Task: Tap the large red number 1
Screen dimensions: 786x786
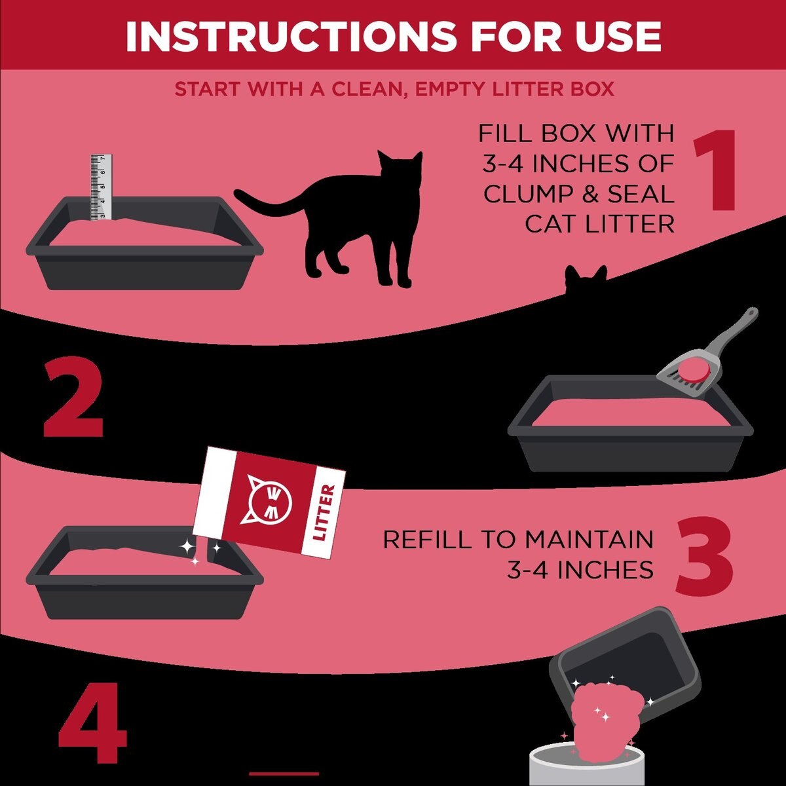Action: tap(715, 171)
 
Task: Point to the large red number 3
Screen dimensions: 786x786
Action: tap(704, 557)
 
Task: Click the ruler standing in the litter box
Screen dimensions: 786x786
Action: tap(102, 187)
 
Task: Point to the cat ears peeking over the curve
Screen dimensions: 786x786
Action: tap(586, 278)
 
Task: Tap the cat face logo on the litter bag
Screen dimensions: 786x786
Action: tap(267, 500)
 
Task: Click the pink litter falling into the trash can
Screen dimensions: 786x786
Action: tap(599, 720)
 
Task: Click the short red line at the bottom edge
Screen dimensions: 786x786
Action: tap(284, 774)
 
